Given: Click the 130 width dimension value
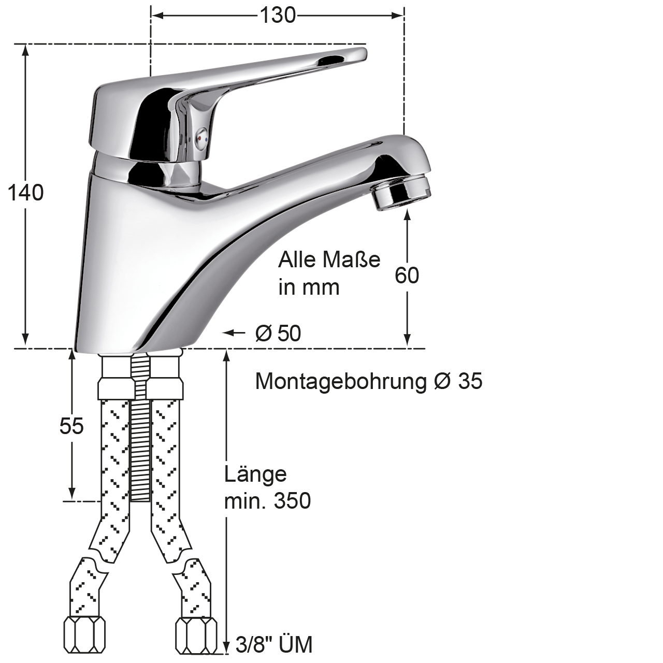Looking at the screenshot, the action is pos(277,16).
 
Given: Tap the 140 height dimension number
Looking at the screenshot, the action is pos(25,193).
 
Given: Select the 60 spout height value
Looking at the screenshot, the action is pos(407,275).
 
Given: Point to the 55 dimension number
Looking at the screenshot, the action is pos(71,426).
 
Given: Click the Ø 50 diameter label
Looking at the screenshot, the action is pos(278,333).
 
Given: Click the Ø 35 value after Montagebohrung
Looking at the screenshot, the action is pos(458,381).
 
